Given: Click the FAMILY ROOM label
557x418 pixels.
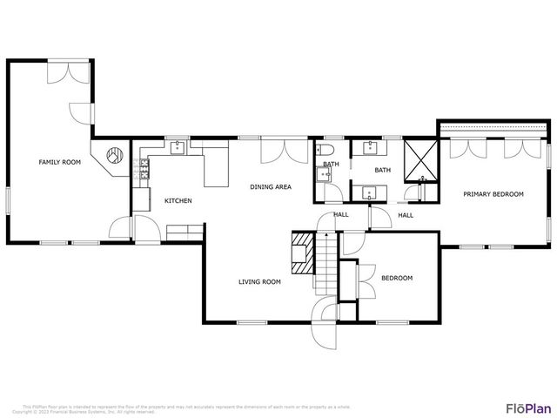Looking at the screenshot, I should click(59, 162).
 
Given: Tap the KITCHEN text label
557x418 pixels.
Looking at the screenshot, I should click(178, 201).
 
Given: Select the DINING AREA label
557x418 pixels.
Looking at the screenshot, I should click(270, 186).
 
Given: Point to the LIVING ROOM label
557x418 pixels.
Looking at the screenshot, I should click(259, 281).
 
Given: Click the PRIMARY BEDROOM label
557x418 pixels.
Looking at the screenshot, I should click(493, 194).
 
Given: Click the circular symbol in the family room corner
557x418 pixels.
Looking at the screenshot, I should click(113, 158).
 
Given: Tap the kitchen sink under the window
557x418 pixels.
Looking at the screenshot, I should click(178, 147).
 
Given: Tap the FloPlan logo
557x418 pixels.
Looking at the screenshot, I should click(528, 408).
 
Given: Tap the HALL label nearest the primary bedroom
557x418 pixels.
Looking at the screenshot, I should click(406, 215).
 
